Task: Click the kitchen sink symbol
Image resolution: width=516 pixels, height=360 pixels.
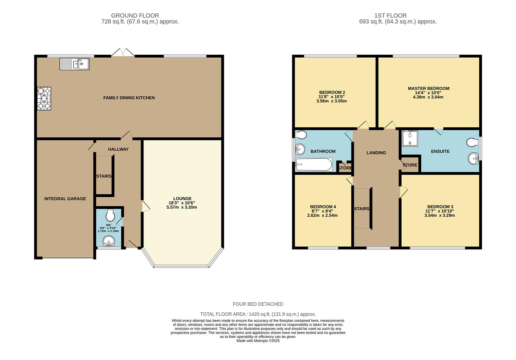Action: (x=74, y=64)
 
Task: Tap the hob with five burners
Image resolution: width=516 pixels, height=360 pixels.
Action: (x=44, y=98)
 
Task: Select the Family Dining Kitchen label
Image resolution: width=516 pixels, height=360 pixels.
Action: (x=129, y=98)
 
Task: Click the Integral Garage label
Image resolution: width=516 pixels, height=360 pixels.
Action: (x=65, y=199)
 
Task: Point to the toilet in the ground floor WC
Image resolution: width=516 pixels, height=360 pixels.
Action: (x=110, y=215)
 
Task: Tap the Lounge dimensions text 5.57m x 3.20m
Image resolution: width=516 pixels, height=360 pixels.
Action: (x=182, y=207)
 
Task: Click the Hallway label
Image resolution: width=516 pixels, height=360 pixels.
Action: (x=118, y=149)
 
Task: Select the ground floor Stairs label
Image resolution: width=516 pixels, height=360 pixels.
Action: (x=104, y=176)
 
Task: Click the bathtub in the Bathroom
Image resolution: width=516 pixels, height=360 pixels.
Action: (x=314, y=165)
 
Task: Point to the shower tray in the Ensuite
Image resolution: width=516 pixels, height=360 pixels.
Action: (x=410, y=138)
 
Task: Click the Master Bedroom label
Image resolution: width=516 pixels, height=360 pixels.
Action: (x=428, y=88)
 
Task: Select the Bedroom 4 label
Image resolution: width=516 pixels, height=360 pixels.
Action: (x=323, y=207)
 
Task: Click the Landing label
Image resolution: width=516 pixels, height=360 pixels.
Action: (x=376, y=153)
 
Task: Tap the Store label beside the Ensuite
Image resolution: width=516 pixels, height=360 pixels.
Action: (x=410, y=165)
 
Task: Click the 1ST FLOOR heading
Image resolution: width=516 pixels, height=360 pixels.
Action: (x=390, y=16)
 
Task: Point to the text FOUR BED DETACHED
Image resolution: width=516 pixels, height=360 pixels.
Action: (x=258, y=304)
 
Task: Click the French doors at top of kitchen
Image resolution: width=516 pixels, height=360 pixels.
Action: (x=123, y=53)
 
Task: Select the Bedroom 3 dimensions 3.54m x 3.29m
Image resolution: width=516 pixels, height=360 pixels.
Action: (x=439, y=215)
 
